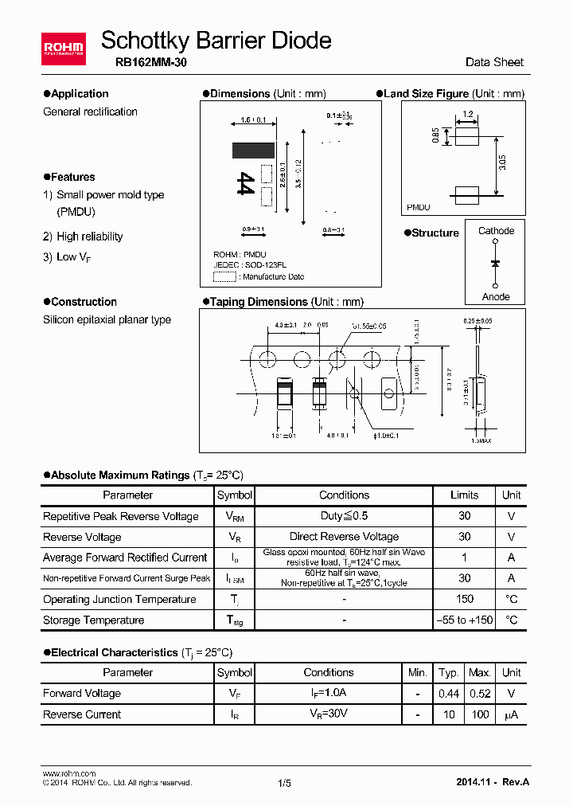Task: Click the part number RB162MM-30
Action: pyautogui.click(x=145, y=63)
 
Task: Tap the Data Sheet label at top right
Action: pyautogui.click(x=494, y=62)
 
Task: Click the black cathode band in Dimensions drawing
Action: pyautogui.click(x=253, y=151)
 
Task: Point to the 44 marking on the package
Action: pyautogui.click(x=246, y=183)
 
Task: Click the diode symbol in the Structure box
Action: pyautogui.click(x=495, y=263)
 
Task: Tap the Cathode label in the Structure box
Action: pyautogui.click(x=496, y=231)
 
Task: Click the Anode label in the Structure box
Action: pyautogui.click(x=496, y=296)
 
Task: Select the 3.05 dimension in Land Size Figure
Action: pyautogui.click(x=502, y=164)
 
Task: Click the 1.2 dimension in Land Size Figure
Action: pyautogui.click(x=468, y=115)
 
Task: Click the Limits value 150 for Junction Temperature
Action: pyautogui.click(x=465, y=599)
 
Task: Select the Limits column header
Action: pyautogui.click(x=465, y=495)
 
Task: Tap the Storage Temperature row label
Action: pyautogui.click(x=93, y=620)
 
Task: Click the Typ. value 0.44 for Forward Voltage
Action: pyautogui.click(x=449, y=693)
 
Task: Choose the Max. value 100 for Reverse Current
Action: pyautogui.click(x=479, y=714)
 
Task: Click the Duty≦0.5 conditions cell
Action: pyautogui.click(x=344, y=516)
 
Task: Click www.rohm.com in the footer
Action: pyautogui.click(x=68, y=773)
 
